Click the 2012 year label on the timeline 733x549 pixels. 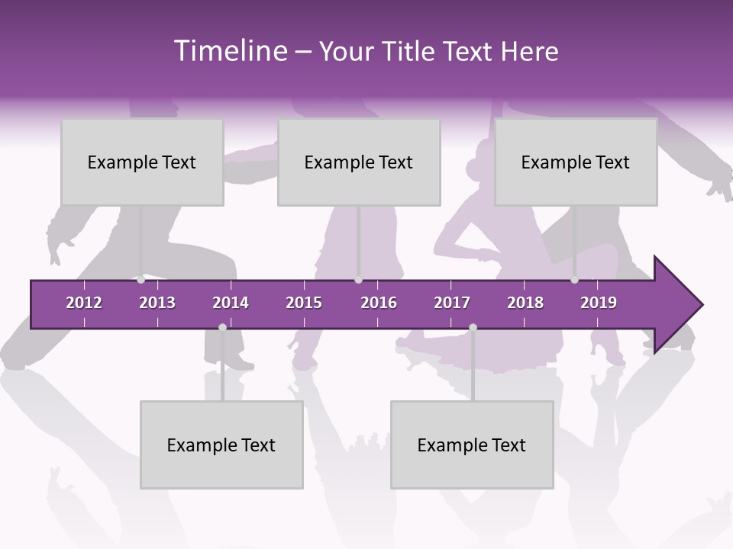(x=84, y=303)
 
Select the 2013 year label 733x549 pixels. (x=157, y=303)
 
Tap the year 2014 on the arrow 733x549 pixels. (x=231, y=303)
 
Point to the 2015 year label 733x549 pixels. (x=304, y=303)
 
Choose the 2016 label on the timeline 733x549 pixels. (x=379, y=303)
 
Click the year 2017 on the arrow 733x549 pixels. (x=452, y=303)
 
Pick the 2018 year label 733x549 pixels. (x=525, y=303)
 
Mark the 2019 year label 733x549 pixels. (x=599, y=303)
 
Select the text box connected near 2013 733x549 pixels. (x=142, y=162)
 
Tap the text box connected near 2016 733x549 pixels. (x=359, y=162)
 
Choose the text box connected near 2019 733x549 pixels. (x=576, y=162)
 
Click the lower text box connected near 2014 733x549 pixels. (x=221, y=445)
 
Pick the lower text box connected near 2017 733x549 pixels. (x=472, y=445)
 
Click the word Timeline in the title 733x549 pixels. (x=230, y=51)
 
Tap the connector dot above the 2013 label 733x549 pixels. (x=140, y=280)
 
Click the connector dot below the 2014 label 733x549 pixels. (x=222, y=327)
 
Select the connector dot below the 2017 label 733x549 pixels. (x=473, y=327)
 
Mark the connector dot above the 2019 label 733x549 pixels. (x=574, y=280)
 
